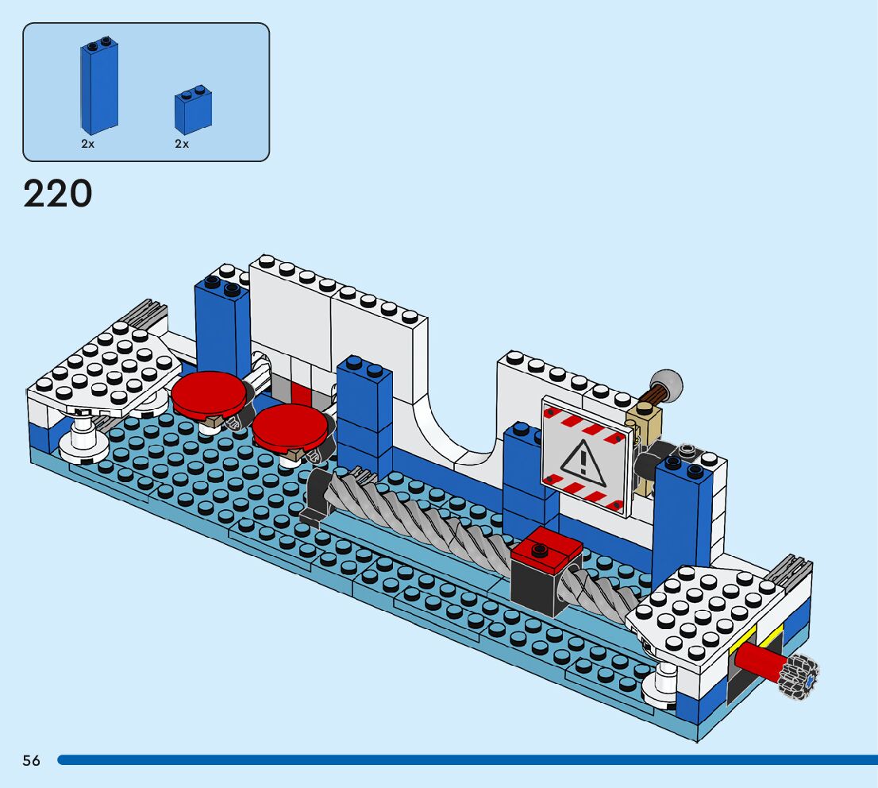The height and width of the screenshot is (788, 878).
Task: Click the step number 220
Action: tap(58, 194)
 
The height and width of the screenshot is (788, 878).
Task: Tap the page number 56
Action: tap(31, 760)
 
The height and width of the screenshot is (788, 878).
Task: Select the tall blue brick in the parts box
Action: tap(98, 87)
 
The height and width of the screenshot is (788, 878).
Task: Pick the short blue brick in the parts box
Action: tap(193, 110)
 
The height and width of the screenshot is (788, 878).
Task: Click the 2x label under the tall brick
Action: tap(87, 145)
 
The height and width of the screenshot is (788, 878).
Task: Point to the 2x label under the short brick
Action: tap(182, 145)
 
